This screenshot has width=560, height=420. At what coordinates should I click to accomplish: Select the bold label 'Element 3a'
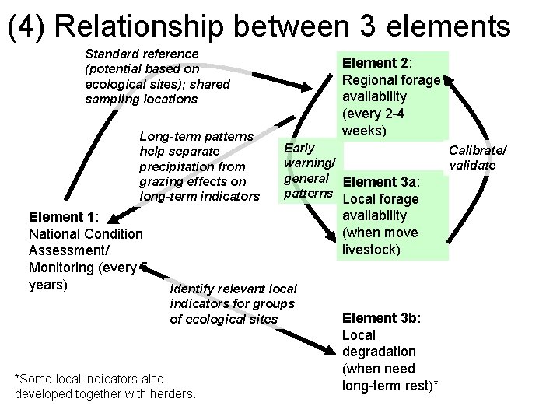(380, 182)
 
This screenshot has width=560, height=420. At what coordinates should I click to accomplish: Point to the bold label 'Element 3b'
(380, 318)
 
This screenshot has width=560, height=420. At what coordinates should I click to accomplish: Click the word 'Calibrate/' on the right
(478, 149)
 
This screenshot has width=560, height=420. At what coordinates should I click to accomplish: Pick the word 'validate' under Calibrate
(472, 165)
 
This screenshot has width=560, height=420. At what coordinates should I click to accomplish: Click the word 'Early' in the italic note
(300, 148)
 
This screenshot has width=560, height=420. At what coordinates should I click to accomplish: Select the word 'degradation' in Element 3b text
(379, 352)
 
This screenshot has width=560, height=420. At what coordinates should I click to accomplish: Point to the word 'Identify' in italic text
(194, 289)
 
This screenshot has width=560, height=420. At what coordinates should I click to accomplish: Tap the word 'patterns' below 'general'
(309, 191)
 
